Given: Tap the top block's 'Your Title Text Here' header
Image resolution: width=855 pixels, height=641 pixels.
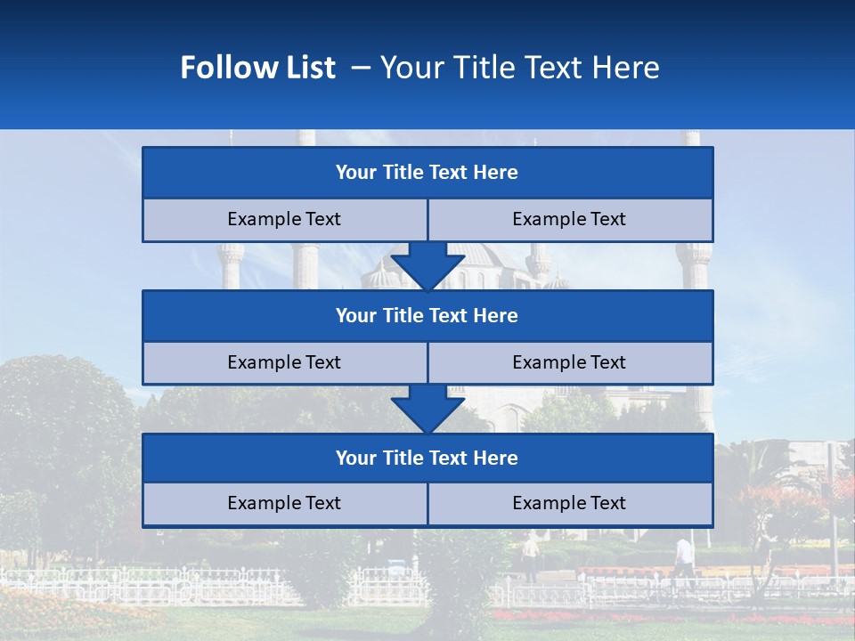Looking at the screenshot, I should (x=427, y=173).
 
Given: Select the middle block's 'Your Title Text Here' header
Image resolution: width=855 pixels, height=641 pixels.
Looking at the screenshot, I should (x=427, y=315).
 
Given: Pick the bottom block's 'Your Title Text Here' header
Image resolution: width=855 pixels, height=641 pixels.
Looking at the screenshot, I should (x=427, y=458).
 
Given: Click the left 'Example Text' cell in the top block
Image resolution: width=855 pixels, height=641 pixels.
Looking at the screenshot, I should (x=284, y=219).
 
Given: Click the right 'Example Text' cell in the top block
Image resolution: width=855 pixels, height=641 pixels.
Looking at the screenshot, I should (x=569, y=219).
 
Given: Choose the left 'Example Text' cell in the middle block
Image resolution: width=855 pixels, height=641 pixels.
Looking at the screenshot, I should (x=284, y=362).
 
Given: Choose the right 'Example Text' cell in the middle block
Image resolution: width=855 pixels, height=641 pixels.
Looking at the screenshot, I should (x=569, y=362).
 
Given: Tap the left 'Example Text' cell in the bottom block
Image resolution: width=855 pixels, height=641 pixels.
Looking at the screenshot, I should (x=284, y=503).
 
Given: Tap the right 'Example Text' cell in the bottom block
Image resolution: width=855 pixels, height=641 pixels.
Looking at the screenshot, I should (x=569, y=503).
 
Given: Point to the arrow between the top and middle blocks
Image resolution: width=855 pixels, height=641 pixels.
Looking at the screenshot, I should (x=427, y=265).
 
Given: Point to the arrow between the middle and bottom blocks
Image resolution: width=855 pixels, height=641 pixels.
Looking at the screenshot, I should (x=427, y=408).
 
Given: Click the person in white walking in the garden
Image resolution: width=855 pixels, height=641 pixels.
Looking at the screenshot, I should (x=683, y=556).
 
